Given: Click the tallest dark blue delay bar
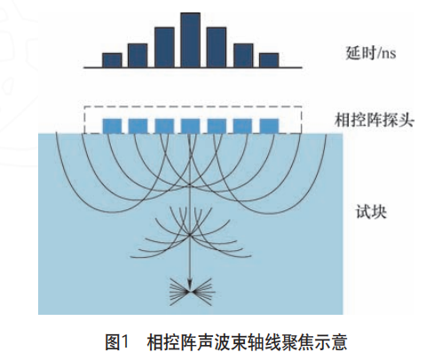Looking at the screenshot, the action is [191, 40].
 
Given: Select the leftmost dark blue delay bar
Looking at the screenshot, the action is [112, 60].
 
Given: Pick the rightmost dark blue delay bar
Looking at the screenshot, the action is [269, 60].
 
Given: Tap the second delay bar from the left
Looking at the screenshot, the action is [138, 56].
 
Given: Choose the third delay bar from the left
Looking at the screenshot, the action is [164, 48].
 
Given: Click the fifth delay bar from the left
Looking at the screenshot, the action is [217, 48].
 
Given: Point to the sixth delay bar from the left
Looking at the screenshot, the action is [243, 56].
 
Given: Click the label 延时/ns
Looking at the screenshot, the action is [370, 53].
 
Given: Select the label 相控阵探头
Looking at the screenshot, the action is [374, 121].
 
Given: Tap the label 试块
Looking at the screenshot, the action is [371, 212].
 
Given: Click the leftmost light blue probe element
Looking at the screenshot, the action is [112, 126].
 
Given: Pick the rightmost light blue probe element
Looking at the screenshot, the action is [269, 126].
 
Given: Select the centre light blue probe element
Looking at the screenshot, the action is [191, 126].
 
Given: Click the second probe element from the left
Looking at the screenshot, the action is [138, 126].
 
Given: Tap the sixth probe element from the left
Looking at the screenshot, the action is [243, 126].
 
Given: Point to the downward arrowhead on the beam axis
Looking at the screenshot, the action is [190, 285].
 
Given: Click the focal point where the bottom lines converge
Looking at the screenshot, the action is [190, 292].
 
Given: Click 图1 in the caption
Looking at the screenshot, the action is [117, 342].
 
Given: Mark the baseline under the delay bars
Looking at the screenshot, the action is [193, 67].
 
